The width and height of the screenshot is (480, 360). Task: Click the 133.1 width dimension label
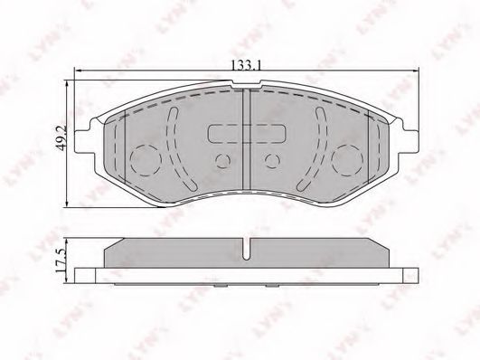pos(246,65)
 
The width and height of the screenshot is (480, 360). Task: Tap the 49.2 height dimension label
pos(61,137)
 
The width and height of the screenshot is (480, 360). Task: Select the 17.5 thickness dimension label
pos(61,261)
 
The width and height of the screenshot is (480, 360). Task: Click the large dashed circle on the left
pos(146,159)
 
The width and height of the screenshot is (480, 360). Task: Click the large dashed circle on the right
pos(348,159)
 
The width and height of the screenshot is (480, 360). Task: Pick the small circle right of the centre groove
pos(272,160)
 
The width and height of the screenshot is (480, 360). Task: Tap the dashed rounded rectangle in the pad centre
pos(247,134)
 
